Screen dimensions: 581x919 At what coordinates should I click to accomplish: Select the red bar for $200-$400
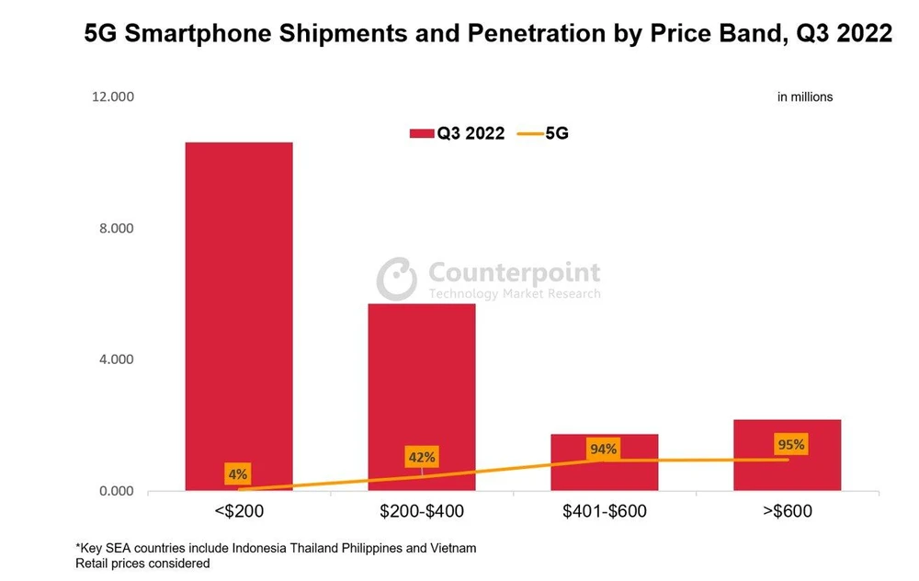pyautogui.click(x=422, y=396)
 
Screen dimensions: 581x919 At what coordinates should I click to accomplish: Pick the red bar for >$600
pyautogui.click(x=787, y=455)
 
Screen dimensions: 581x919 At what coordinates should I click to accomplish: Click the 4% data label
pyautogui.click(x=237, y=475)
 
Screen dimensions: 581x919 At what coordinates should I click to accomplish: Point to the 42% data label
pyautogui.click(x=422, y=457)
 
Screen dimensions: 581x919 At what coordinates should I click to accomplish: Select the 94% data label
pyautogui.click(x=604, y=449)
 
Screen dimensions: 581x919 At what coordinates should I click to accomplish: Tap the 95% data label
pyautogui.click(x=789, y=445)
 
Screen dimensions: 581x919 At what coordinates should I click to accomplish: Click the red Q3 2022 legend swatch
pyautogui.click(x=422, y=134)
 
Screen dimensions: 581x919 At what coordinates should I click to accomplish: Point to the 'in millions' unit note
pyautogui.click(x=805, y=97)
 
